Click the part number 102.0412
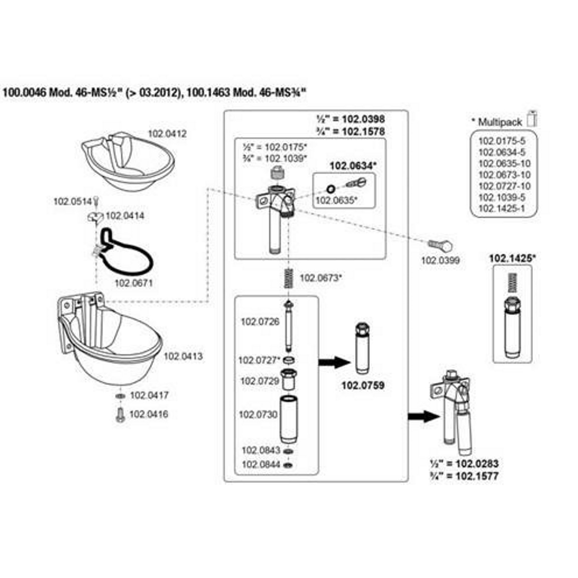[x=167, y=134]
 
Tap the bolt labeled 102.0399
[x=440, y=245]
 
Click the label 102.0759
[x=363, y=385]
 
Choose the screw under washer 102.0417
[x=120, y=415]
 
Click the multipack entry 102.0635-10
[x=504, y=164]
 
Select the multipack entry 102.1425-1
[x=501, y=209]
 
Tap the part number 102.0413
[x=183, y=356]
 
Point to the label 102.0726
[x=260, y=322]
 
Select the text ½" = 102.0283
[x=464, y=464]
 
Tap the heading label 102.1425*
[x=512, y=259]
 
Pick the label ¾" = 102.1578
[x=351, y=131]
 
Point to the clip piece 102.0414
[x=94, y=217]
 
